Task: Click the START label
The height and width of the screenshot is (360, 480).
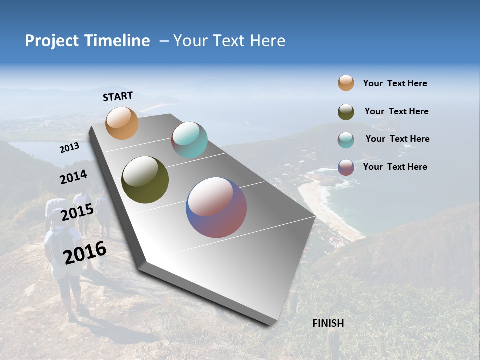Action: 118,96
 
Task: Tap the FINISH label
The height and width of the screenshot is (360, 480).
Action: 328,323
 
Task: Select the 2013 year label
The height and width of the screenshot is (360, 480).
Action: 69,148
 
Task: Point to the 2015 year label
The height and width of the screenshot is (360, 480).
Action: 77,212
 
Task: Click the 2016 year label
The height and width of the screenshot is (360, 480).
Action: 85,253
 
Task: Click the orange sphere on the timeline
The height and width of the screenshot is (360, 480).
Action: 122,123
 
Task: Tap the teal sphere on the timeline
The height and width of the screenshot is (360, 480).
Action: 189,140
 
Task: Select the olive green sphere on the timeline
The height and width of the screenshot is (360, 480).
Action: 145,180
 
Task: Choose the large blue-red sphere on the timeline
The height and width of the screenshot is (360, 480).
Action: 216,207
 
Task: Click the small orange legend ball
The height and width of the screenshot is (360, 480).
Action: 346,83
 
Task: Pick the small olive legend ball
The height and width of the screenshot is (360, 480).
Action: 346,112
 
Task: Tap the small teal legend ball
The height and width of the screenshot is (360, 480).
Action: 346,140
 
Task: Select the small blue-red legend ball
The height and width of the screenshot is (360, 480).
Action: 346,167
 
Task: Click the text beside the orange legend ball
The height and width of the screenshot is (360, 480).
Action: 395,83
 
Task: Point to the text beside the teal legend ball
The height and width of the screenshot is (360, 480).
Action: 397,139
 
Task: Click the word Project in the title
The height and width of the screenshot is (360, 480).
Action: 52,41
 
